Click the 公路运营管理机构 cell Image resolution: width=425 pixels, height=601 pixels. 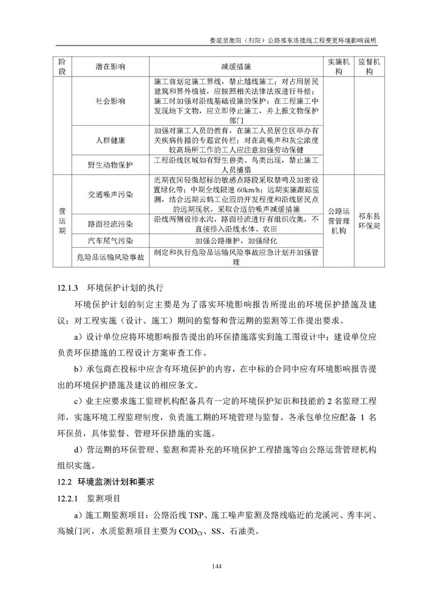pyautogui.click(x=339, y=220)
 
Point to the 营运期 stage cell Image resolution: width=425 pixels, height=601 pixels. pyautogui.click(x=62, y=220)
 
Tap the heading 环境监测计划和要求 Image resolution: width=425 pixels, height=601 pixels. pyautogui.click(x=115, y=483)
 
